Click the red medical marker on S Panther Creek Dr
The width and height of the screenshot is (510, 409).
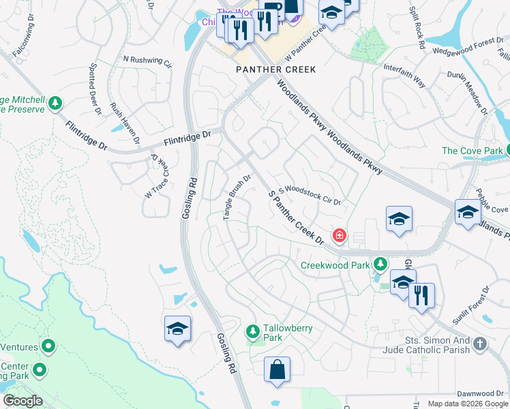(338, 236)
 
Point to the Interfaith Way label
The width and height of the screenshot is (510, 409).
(404, 76)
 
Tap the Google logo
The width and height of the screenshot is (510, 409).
(22, 401)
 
